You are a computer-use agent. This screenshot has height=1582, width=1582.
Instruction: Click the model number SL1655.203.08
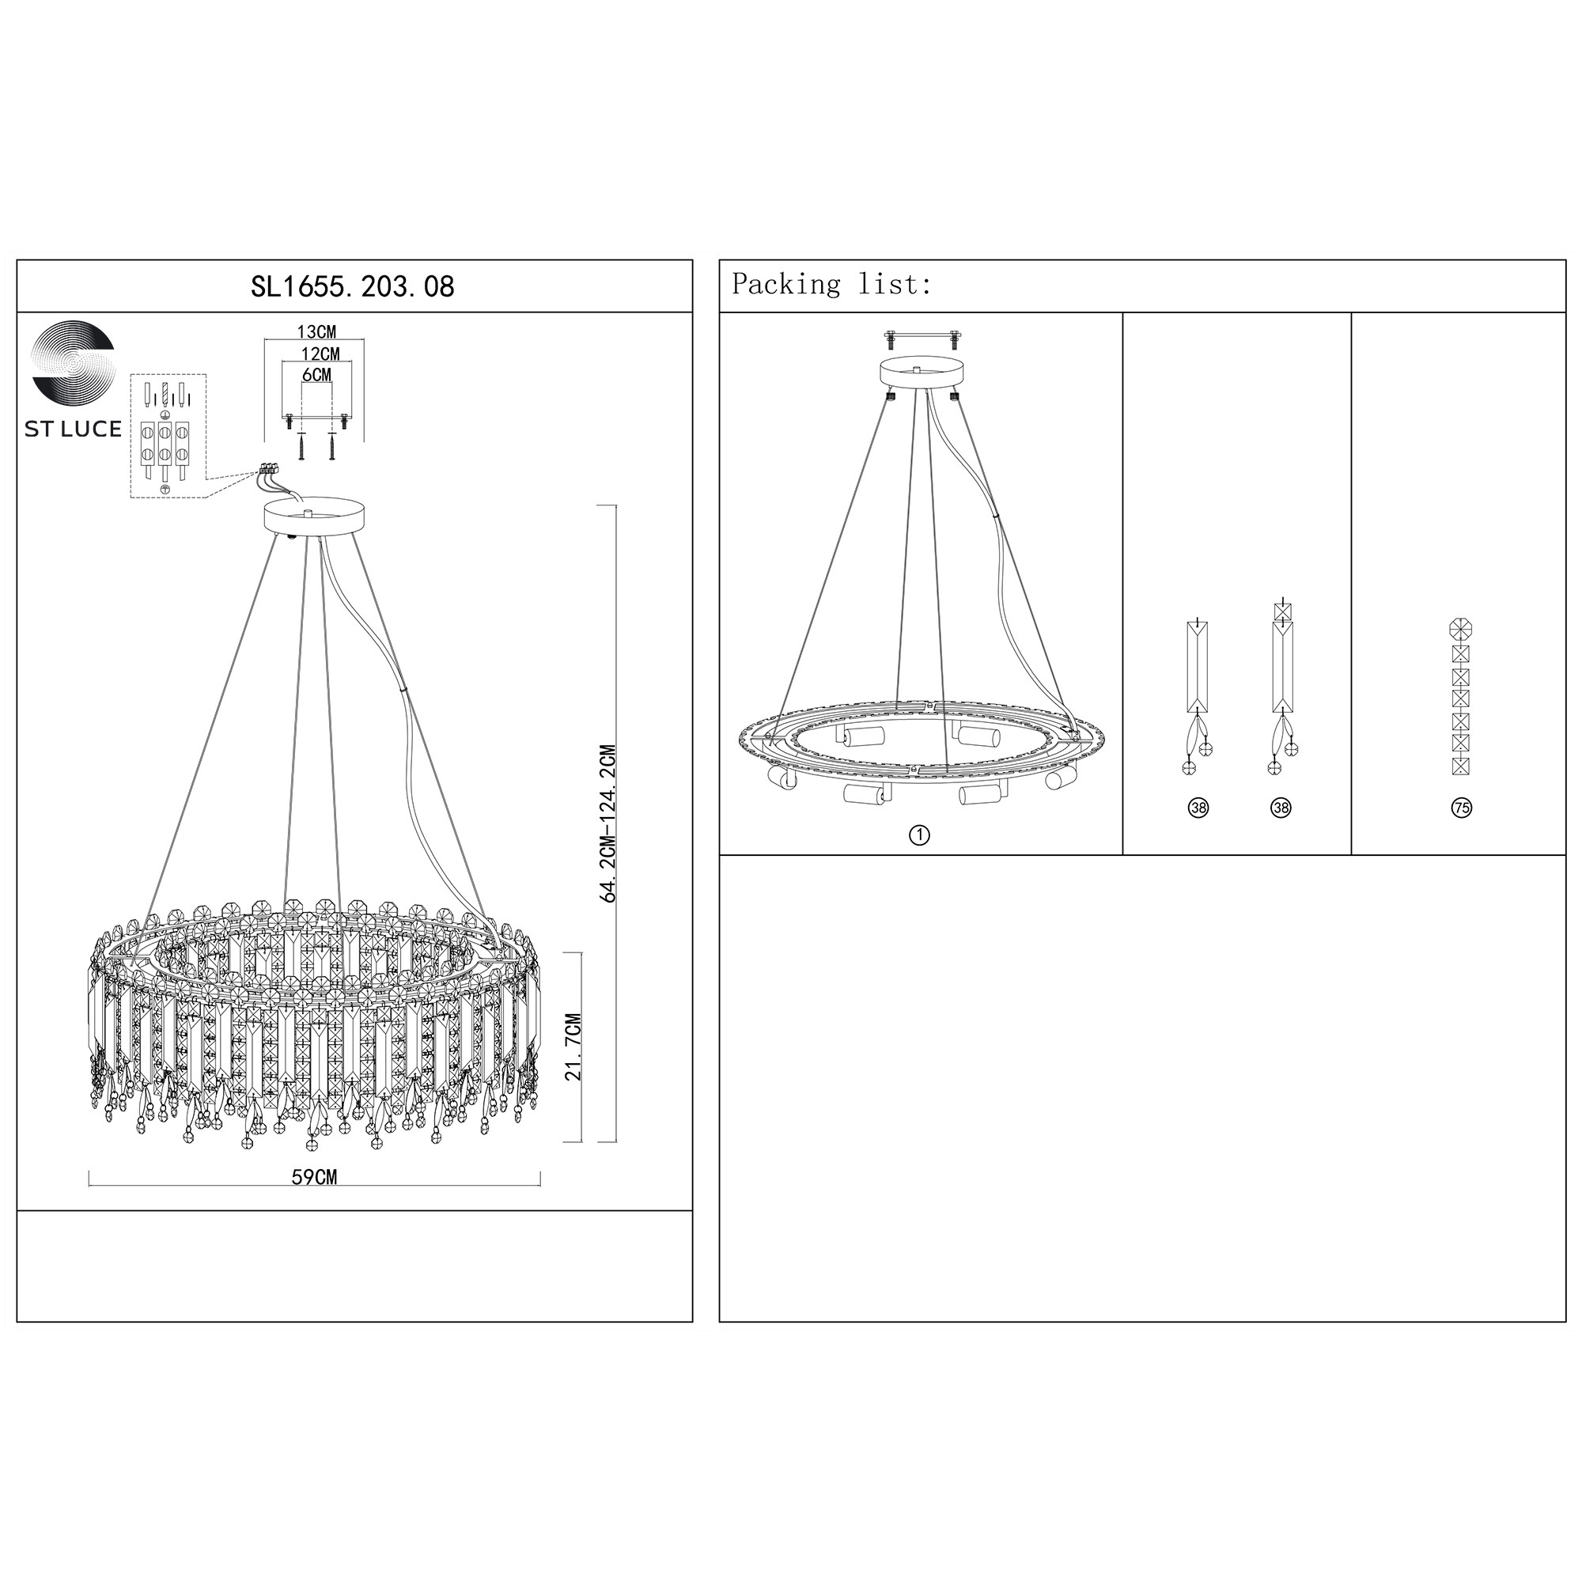352,286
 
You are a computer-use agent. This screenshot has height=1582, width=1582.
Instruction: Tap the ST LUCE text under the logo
73,429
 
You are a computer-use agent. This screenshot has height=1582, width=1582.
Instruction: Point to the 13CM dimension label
316,331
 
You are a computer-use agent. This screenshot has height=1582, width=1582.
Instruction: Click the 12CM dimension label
320,354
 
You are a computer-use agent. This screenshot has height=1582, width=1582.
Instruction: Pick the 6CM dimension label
317,374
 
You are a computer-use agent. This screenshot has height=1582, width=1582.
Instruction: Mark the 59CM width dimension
315,1177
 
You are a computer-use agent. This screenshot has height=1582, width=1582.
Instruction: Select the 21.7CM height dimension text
573,1046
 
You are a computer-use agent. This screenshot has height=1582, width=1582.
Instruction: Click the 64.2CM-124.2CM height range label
608,823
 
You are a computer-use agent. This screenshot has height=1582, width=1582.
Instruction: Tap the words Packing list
831,284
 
